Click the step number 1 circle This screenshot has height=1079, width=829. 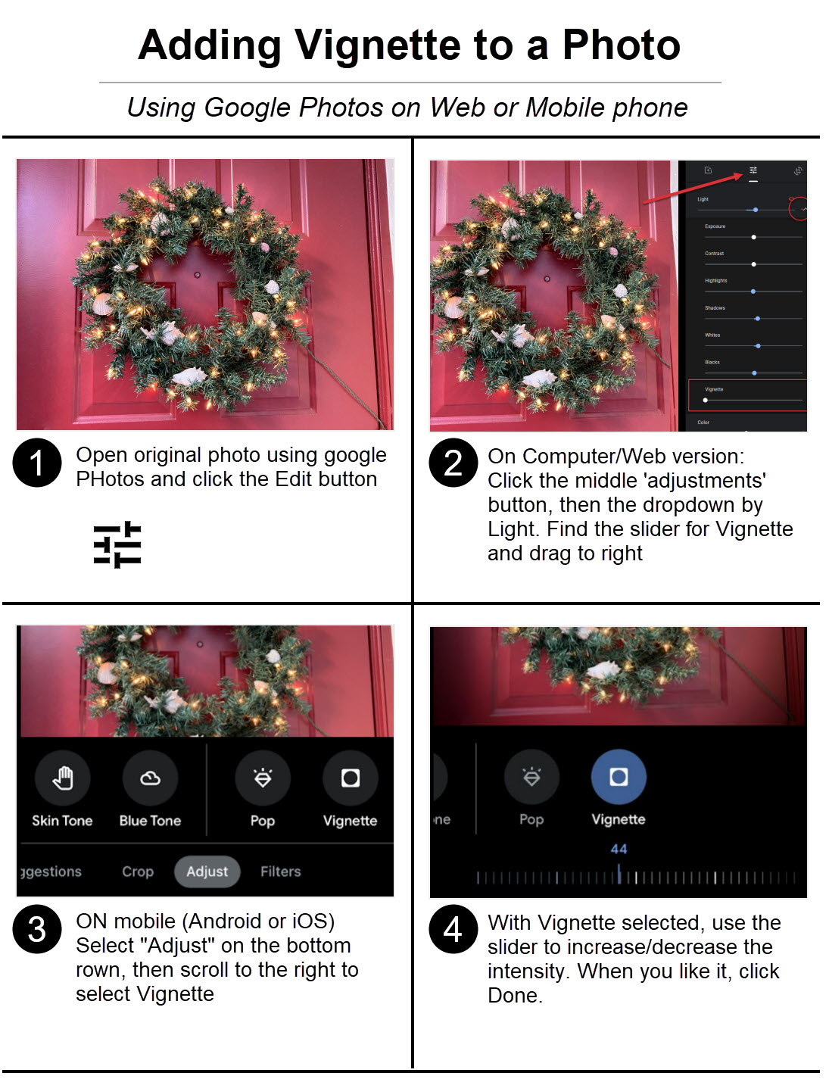coord(36,463)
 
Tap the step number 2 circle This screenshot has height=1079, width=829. coord(453,463)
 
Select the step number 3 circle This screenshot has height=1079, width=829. coord(36,929)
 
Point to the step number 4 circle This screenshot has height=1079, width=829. coord(453,929)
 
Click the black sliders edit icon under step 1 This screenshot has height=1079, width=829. coord(117,544)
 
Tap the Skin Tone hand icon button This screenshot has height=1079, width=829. coord(63,778)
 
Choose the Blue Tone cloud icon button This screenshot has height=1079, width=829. coord(150,778)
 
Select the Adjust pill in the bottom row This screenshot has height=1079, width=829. coord(207,872)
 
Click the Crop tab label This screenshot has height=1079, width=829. coord(138,872)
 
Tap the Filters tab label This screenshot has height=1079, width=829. coord(280,872)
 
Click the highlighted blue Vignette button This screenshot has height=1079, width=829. coord(619,777)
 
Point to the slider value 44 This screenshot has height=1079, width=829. coord(619,849)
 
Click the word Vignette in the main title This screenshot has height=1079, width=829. coord(378,45)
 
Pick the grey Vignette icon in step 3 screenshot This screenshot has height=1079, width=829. coord(350,778)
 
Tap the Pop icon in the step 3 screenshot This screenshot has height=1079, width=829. coord(263,778)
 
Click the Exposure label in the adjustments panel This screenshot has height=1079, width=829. coord(715,226)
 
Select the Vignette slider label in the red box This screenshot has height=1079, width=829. coord(714,389)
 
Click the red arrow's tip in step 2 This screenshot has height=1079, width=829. coord(742,175)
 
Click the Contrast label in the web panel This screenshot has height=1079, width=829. coord(714,254)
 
